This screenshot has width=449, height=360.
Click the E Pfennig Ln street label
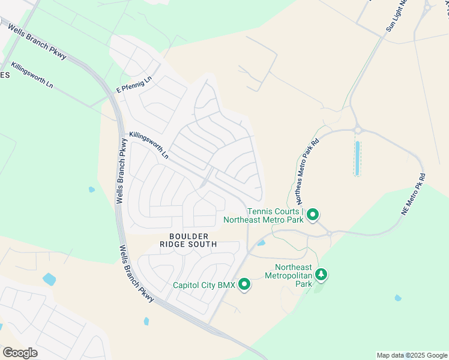134,85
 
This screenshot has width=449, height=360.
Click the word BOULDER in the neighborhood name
188,236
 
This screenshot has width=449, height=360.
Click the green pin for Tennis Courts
313,214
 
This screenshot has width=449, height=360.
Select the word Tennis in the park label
261,211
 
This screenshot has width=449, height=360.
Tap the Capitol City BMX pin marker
244,284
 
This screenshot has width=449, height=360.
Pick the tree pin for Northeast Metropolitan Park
322,275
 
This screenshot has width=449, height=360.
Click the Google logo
20,353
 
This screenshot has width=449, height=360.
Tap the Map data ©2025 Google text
412,355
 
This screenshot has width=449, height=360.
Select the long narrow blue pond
357,158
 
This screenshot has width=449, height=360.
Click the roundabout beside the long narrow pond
358,129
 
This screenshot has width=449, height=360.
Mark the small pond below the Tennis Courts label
261,243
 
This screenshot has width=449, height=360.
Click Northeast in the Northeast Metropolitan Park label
294,268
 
